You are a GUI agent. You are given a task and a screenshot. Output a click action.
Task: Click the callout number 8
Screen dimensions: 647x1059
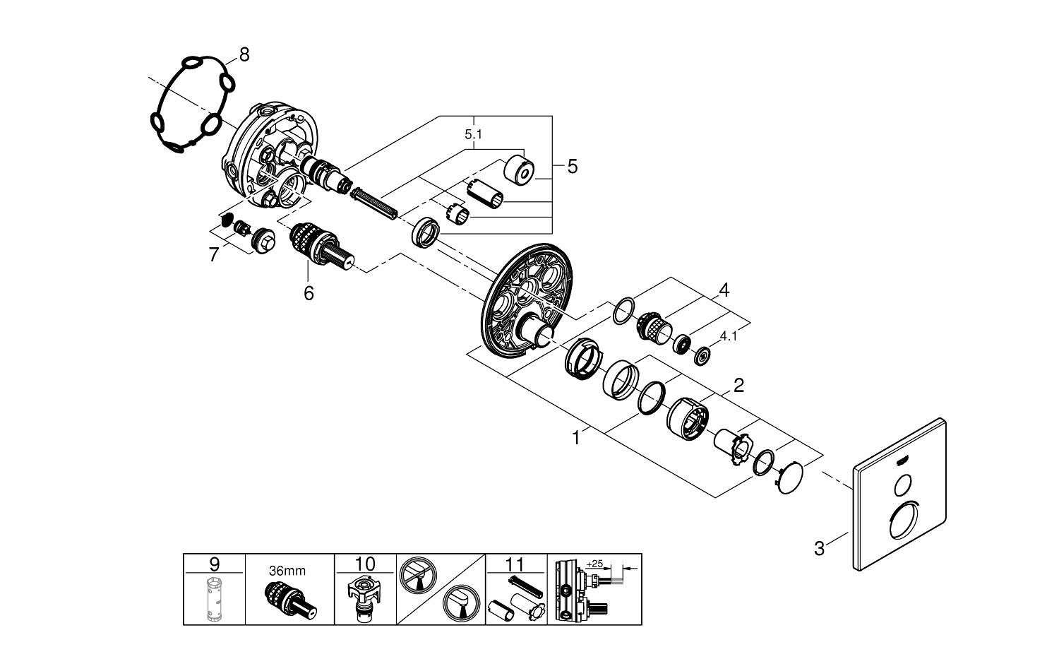click(244, 54)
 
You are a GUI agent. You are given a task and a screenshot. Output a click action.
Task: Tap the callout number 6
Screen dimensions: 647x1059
click(309, 292)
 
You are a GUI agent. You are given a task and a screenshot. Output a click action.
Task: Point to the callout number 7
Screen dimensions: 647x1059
click(214, 254)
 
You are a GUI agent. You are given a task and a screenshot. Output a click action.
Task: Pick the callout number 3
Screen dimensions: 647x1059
click(819, 548)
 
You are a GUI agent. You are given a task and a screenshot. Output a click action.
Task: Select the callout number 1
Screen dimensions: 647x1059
click(576, 438)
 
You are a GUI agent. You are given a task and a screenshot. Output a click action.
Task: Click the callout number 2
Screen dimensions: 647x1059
click(738, 386)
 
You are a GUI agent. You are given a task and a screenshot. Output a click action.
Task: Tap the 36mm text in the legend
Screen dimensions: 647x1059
click(287, 570)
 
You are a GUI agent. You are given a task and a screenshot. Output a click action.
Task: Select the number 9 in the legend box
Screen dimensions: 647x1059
click(215, 564)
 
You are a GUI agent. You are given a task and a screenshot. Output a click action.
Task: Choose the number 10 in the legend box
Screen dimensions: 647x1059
click(365, 564)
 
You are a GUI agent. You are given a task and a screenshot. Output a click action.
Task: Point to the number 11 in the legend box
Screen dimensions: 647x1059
click(516, 564)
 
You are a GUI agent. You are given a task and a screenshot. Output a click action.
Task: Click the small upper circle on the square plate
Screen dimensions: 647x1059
click(902, 485)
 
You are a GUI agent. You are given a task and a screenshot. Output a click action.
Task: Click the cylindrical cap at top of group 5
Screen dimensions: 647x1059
click(520, 170)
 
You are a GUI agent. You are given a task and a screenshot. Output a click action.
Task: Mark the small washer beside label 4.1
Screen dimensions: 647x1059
click(702, 356)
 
